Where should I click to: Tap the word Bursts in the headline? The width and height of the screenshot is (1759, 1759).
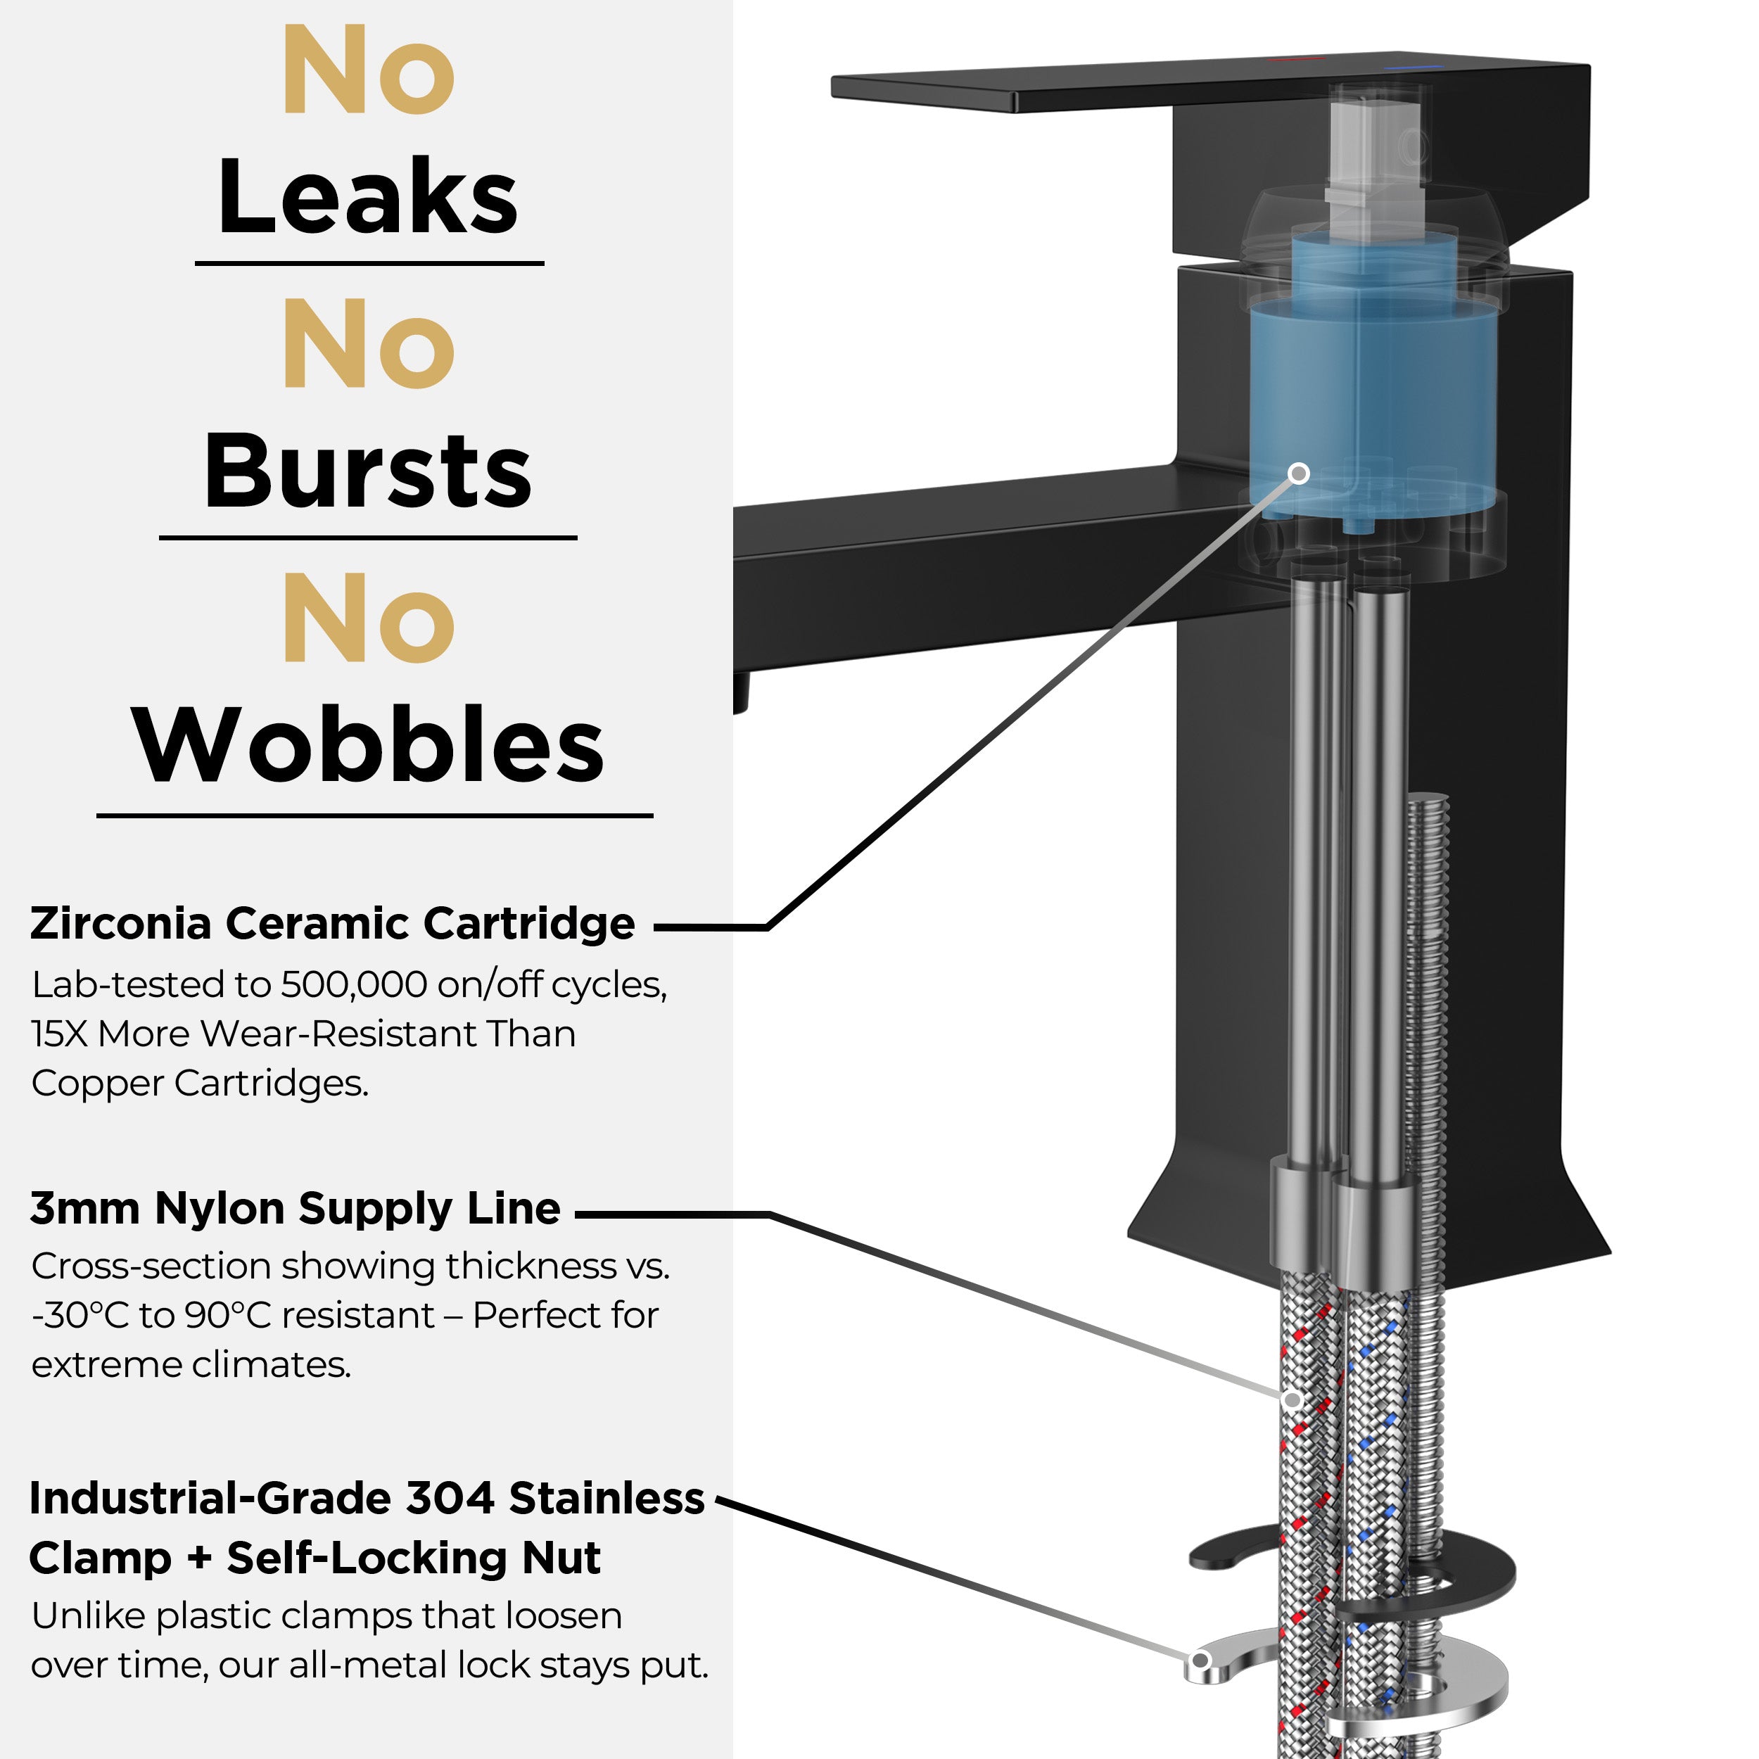coord(368,471)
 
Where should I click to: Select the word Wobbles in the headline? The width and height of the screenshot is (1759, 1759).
coord(368,744)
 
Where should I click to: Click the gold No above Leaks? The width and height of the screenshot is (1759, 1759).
coord(369,70)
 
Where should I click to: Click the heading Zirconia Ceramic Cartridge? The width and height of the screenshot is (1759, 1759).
coord(332,923)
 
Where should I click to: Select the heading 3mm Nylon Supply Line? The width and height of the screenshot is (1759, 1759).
coord(295,1209)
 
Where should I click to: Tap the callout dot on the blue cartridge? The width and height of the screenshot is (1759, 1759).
coord(1300,474)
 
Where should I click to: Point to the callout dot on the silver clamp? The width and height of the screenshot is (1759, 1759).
coord(1200,1660)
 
